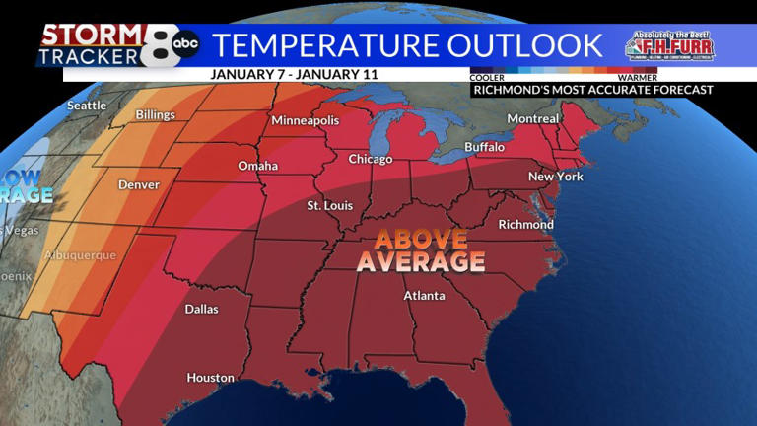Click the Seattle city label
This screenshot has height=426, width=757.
coord(86,106)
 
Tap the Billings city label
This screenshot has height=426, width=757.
coord(155,115)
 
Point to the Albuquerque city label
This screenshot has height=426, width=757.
coord(80,255)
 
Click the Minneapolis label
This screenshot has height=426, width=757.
coord(306,120)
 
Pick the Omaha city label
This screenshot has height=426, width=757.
coord(257,166)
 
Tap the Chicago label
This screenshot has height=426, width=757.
coord(370,159)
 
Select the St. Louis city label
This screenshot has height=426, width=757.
coord(327,205)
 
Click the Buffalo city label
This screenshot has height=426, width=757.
coord(484,147)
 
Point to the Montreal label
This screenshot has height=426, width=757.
coord(532,118)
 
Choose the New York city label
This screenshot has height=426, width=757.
coord(556,177)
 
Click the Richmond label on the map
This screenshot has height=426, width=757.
coord(525,224)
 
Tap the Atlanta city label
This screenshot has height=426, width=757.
coord(424,296)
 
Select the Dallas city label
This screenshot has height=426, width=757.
coord(202,309)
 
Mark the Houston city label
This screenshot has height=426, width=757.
coord(210,378)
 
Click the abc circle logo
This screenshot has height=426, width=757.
coord(185,44)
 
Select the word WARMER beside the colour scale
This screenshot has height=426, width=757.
coord(637,76)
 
